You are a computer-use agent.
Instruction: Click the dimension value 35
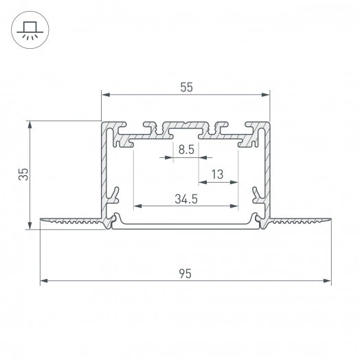[23, 174]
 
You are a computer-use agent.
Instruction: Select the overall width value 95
[185, 273]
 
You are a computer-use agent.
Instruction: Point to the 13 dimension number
[217, 175]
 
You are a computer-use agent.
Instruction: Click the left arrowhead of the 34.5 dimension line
[137, 205]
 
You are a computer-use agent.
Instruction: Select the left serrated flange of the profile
[72, 221]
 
